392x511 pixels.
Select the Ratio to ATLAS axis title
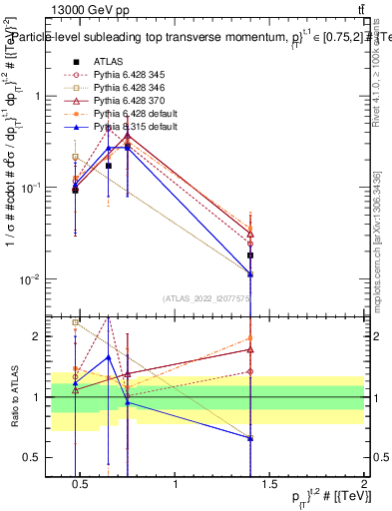tap(14, 397)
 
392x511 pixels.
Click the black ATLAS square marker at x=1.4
tap(250, 255)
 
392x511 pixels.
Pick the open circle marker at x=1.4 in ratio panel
tap(250, 371)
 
